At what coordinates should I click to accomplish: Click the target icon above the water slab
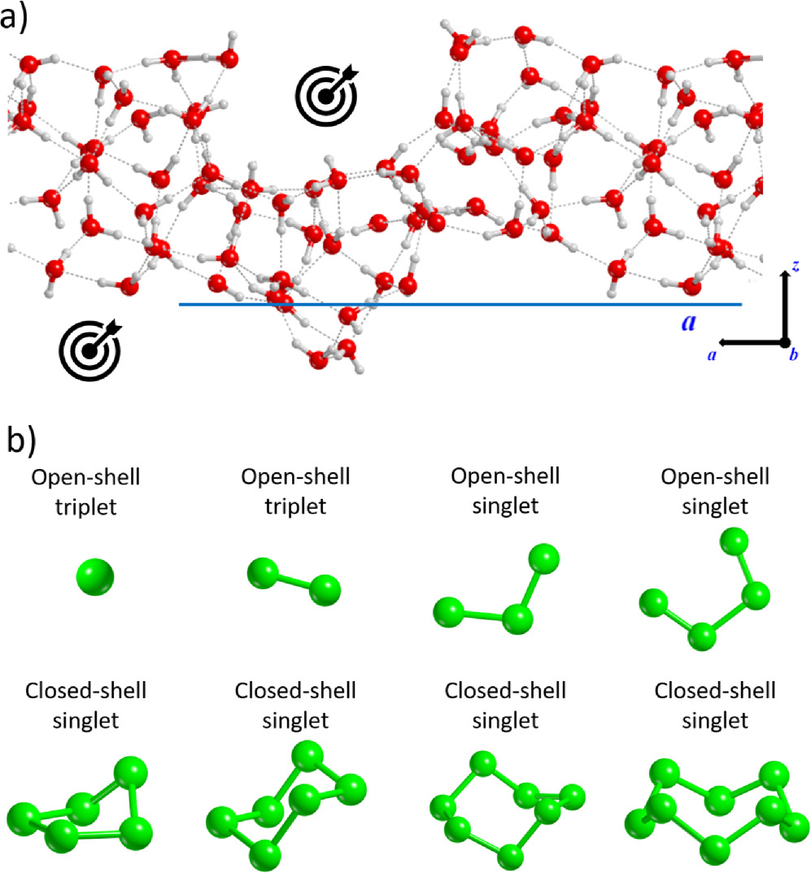tap(325, 96)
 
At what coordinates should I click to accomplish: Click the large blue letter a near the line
tap(689, 322)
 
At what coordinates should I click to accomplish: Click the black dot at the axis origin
tap(785, 342)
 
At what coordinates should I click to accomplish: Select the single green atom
tap(94, 578)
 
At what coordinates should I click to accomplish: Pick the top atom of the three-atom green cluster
tap(543, 560)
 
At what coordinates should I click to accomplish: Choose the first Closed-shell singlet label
tap(85, 705)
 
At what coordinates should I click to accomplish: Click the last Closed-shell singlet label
tap(714, 705)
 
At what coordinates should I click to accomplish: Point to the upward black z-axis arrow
tap(785, 305)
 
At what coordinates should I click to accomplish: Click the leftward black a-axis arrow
tap(748, 342)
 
